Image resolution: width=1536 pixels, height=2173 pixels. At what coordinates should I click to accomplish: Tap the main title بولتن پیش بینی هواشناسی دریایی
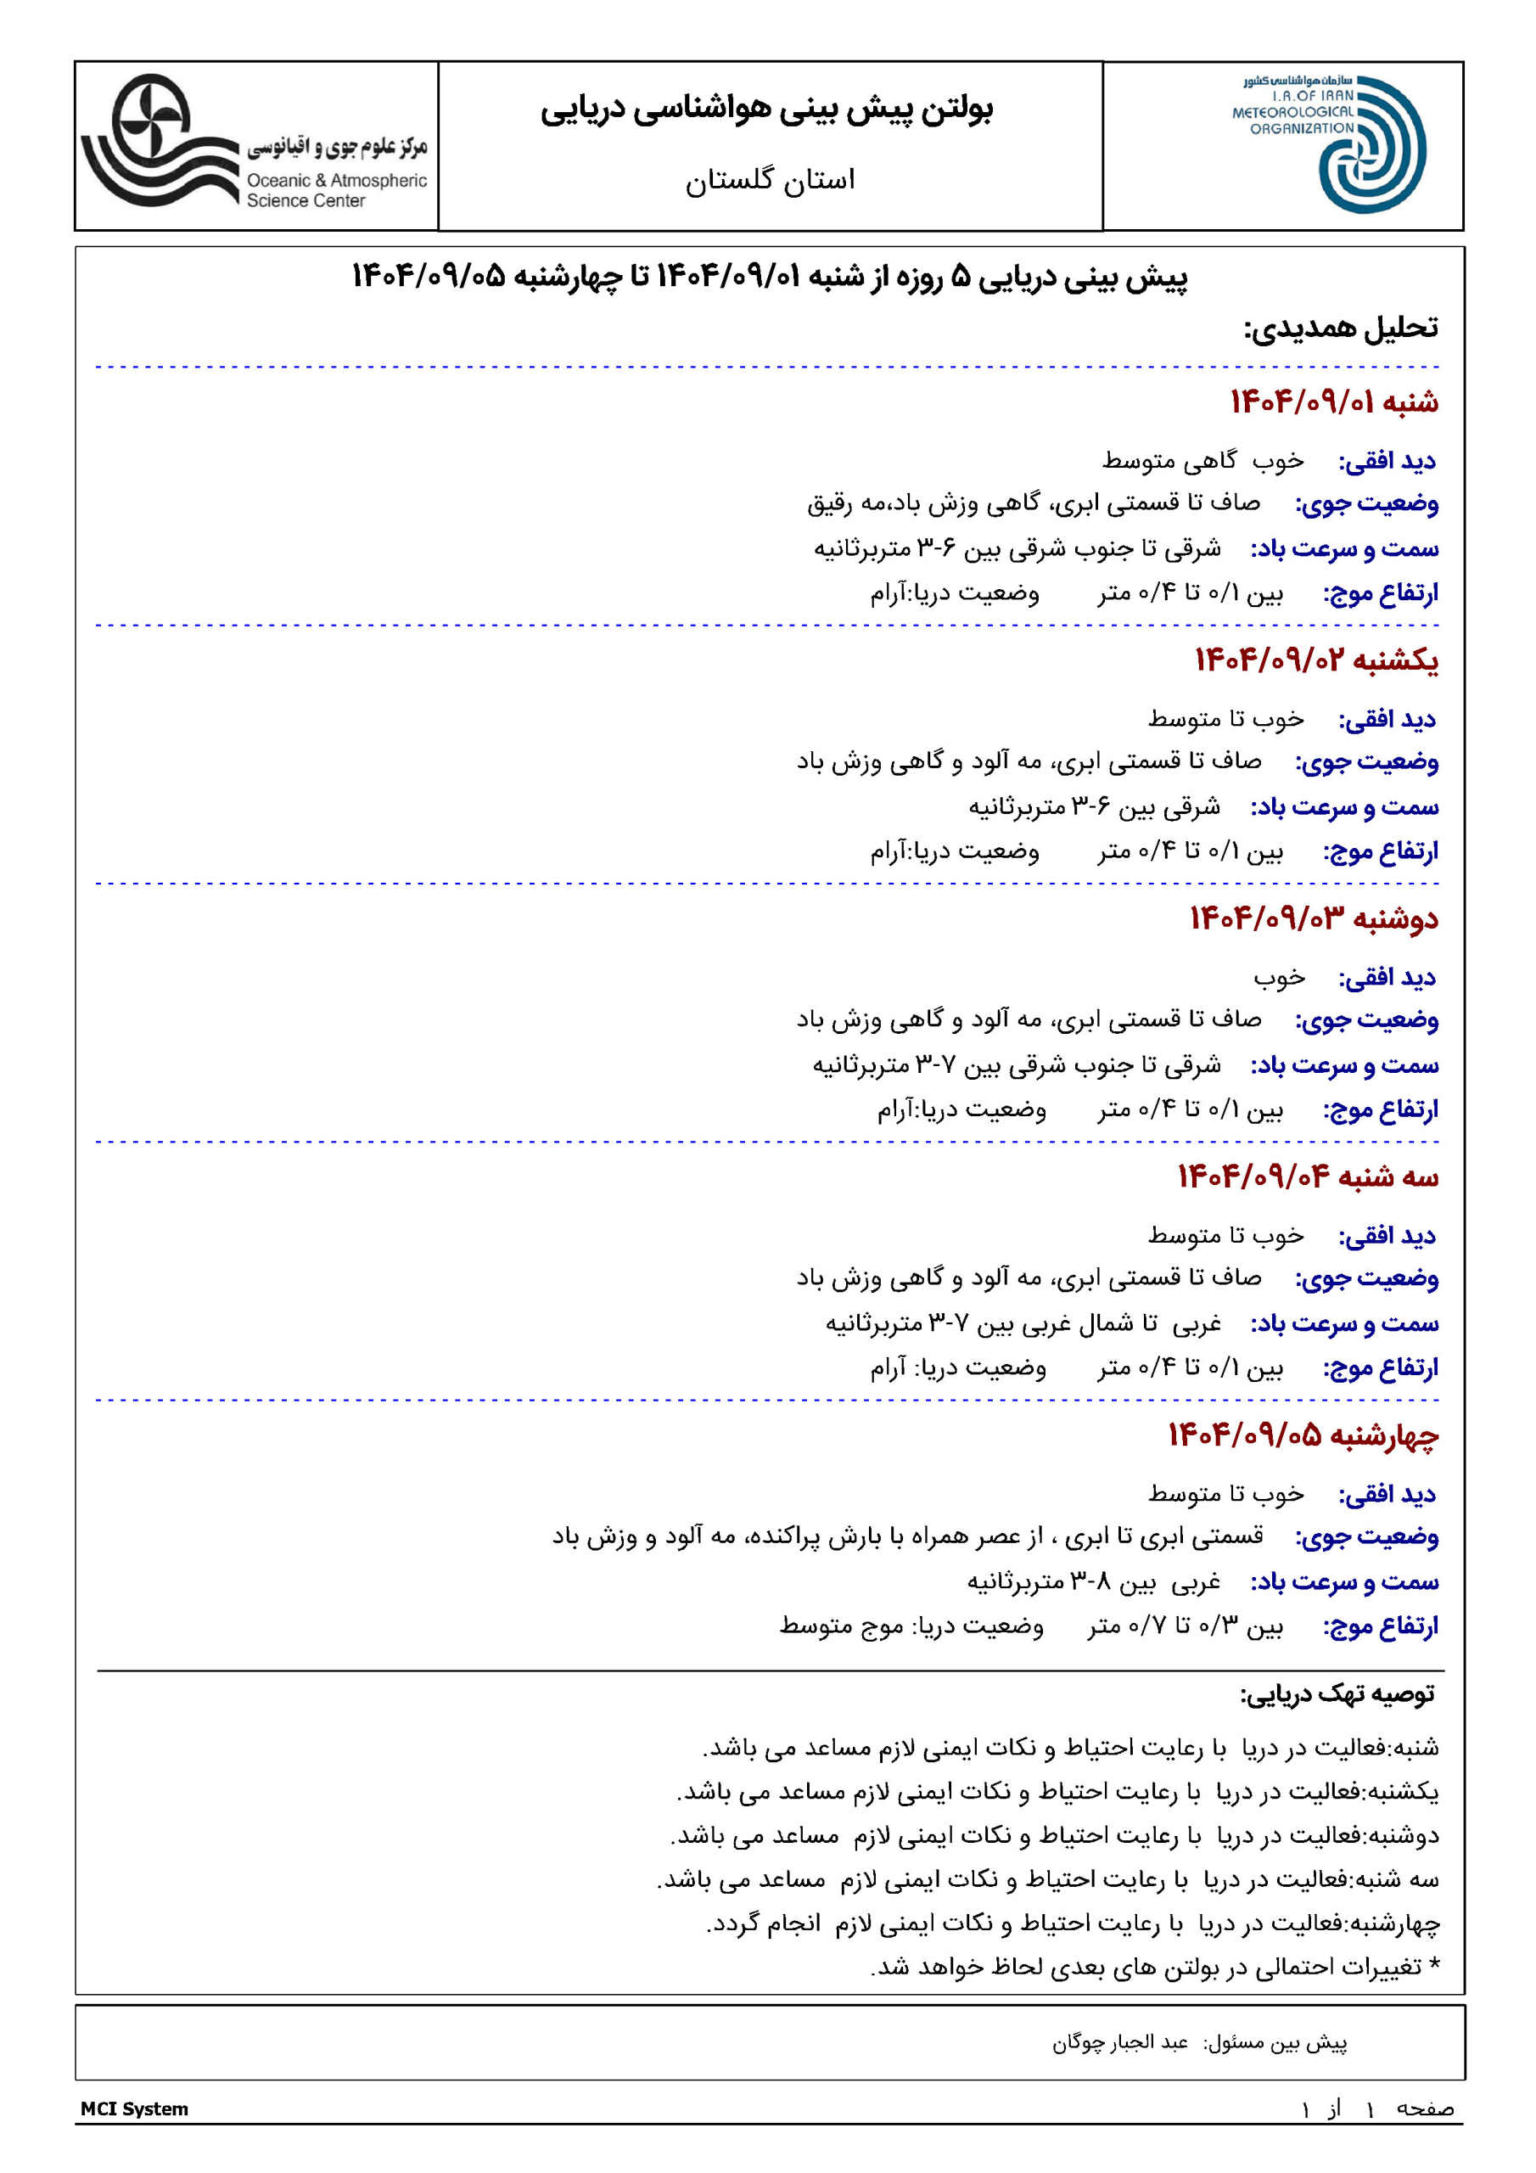(767, 109)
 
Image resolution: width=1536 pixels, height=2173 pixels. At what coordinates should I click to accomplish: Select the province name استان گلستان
(770, 180)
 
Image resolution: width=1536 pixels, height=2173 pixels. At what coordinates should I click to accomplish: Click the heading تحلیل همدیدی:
(1340, 328)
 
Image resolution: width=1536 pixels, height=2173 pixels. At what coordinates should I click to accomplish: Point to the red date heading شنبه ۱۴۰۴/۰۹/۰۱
(1333, 401)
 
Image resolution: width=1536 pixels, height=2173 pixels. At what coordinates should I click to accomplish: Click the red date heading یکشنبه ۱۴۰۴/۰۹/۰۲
(1315, 660)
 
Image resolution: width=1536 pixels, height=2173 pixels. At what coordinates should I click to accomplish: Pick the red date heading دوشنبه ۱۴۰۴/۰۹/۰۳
(1314, 918)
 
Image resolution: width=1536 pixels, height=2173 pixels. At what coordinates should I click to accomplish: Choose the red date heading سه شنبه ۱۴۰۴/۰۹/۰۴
(1307, 1176)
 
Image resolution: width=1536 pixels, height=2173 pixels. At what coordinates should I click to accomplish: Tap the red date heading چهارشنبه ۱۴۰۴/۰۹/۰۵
(1303, 1435)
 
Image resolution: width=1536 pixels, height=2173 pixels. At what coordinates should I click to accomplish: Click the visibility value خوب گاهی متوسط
(1202, 461)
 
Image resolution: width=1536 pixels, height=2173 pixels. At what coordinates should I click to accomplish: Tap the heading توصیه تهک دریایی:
(1337, 1693)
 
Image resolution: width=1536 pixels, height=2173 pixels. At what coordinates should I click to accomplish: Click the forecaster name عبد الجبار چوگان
(1119, 2041)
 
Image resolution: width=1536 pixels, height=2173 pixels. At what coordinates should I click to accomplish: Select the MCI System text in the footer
(134, 2108)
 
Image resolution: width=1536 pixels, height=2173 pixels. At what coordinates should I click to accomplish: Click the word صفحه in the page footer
(1424, 2108)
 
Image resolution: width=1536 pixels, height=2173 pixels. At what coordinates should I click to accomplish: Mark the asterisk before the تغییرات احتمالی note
(1434, 1967)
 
